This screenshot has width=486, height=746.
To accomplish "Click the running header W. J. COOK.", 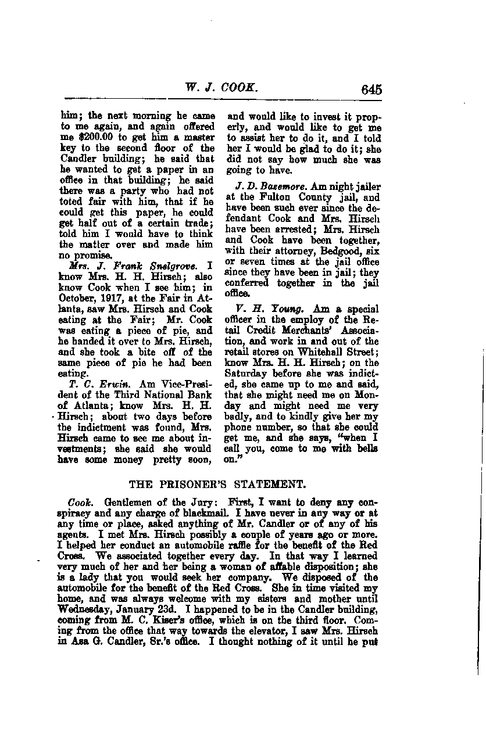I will [x=220, y=89].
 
